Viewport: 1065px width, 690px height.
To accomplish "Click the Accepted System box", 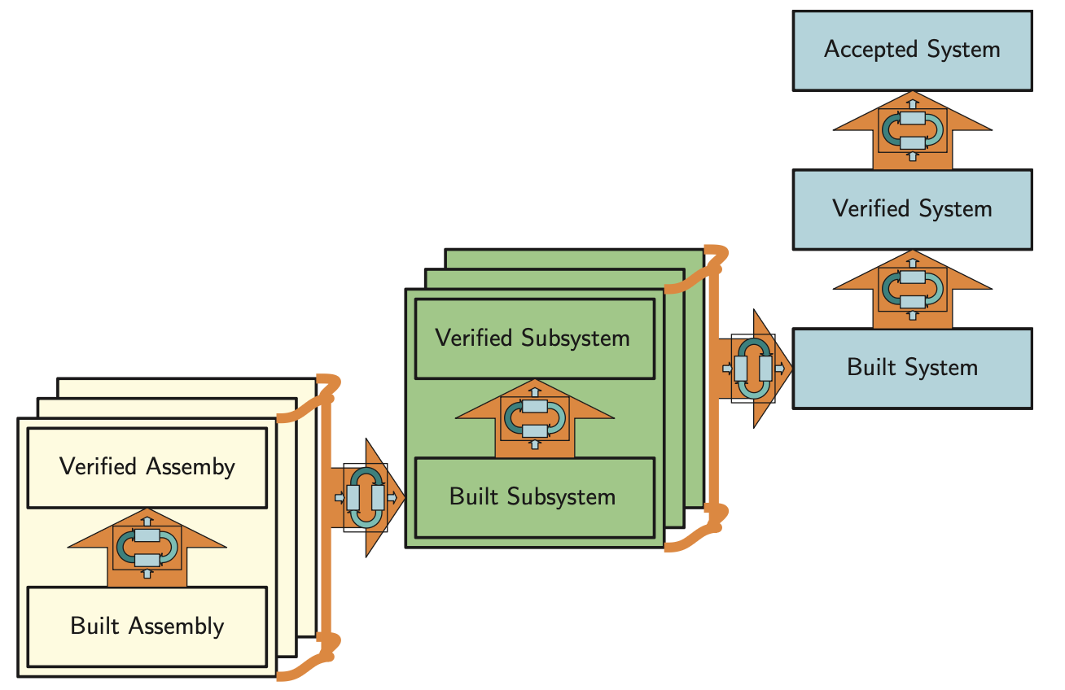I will (x=912, y=50).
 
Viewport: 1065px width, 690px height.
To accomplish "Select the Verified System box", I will (x=912, y=209).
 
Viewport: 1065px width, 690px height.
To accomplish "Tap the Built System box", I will (x=912, y=368).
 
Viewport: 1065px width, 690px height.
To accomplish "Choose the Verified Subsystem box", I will (x=534, y=338).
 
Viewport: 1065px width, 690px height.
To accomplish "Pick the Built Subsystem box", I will (x=534, y=497).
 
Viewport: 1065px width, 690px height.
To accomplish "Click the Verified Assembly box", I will (x=147, y=467).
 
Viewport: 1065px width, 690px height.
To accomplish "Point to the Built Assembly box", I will (x=147, y=627).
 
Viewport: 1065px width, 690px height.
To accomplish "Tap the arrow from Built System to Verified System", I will (x=913, y=289).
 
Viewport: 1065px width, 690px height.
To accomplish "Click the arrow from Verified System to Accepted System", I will (x=913, y=129).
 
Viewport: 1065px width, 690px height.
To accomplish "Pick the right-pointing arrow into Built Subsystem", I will (x=366, y=497).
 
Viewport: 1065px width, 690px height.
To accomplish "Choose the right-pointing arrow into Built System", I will (x=754, y=369).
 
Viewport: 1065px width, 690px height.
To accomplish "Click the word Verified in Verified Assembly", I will (x=99, y=467).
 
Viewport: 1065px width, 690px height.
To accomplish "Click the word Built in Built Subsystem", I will (x=471, y=497).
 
